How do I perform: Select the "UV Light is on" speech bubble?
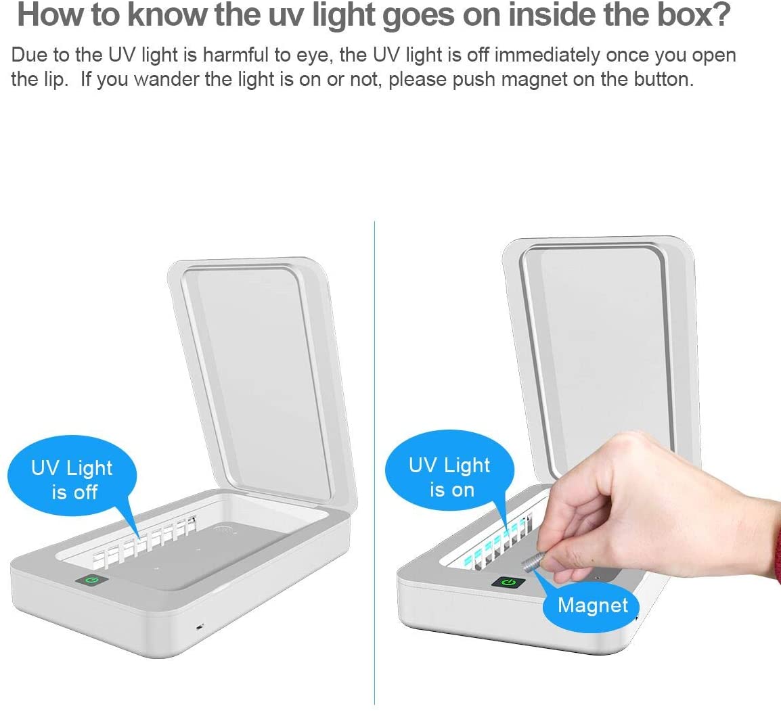(x=449, y=477)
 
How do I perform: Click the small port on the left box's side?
(x=199, y=626)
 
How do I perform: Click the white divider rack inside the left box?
(x=146, y=541)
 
